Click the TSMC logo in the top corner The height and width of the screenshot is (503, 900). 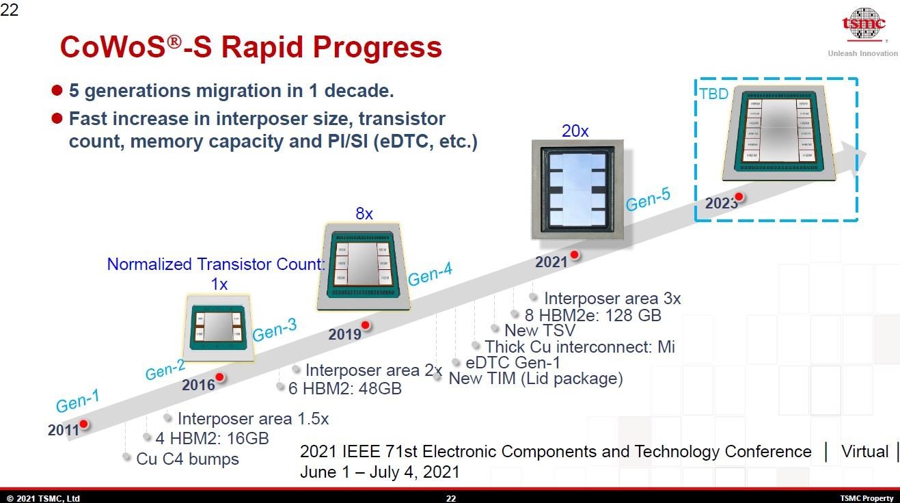pos(863,26)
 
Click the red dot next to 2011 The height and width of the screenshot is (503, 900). pos(83,424)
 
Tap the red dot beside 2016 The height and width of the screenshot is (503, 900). pos(219,377)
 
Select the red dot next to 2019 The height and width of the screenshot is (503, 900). pos(366,325)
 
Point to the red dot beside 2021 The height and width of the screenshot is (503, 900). pos(575,255)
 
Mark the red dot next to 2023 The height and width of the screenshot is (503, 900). pos(738,197)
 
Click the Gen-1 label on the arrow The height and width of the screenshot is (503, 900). pos(77,400)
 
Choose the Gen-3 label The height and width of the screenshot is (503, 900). pos(275,330)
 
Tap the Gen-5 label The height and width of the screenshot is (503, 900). pos(648,199)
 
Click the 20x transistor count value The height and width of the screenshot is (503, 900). pos(575,131)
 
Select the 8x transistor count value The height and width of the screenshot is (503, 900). pos(364,213)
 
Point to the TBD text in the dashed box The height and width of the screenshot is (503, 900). pos(713,94)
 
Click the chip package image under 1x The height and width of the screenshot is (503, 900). pos(219,327)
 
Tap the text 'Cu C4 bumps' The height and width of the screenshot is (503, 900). pos(187,459)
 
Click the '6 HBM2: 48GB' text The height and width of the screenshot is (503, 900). pos(344,388)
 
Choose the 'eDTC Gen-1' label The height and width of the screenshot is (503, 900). pos(513,363)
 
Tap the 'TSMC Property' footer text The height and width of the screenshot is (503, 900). pos(866,498)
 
